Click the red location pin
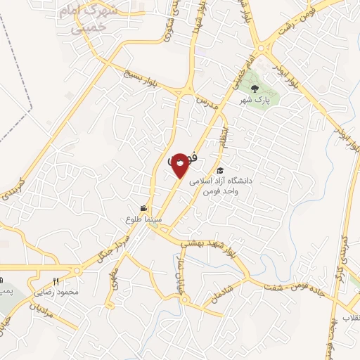(x=180, y=165)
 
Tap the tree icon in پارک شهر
(x=255, y=89)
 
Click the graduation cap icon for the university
(x=219, y=171)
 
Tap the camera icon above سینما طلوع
(x=143, y=208)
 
